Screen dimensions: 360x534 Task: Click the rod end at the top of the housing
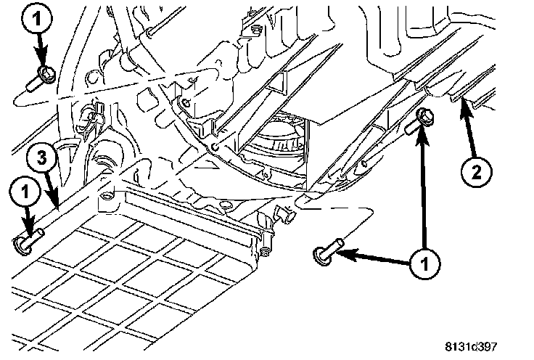[151, 32]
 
